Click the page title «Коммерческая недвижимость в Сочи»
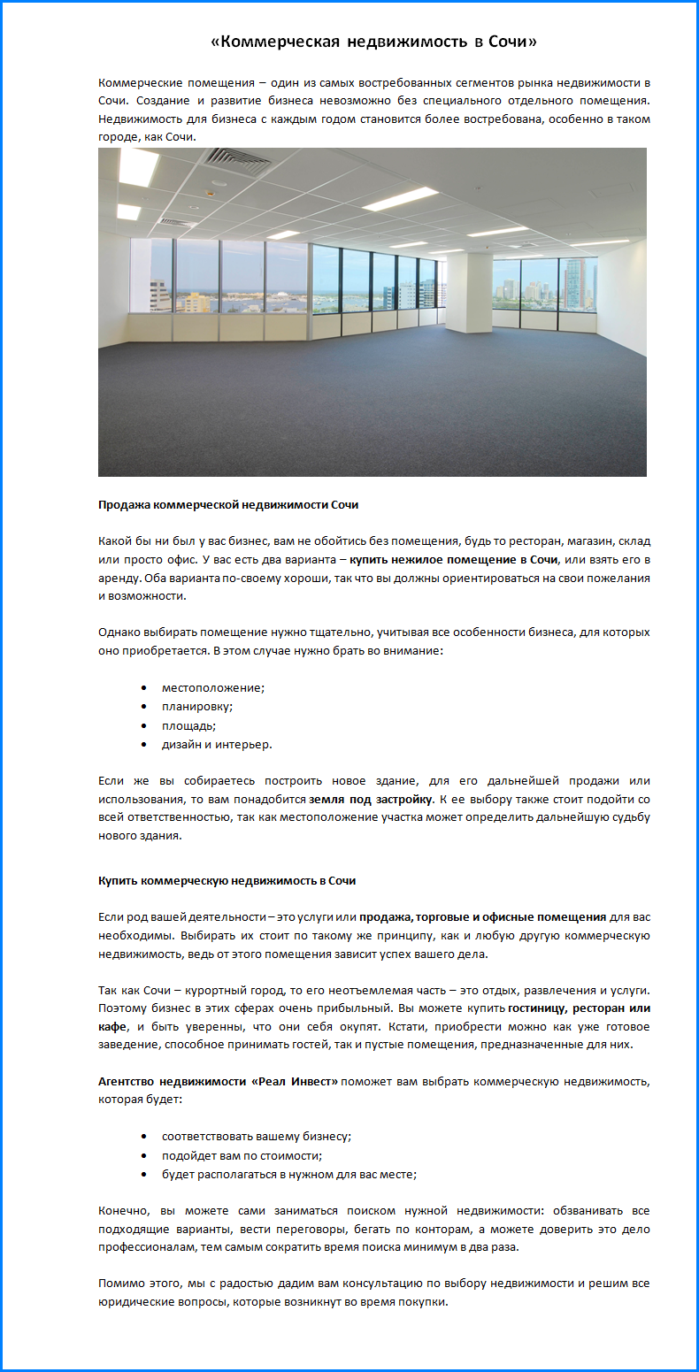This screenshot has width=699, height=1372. coord(374,42)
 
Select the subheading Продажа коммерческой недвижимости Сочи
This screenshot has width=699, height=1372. coord(227,505)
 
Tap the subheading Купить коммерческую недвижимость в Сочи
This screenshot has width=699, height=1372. coord(227,881)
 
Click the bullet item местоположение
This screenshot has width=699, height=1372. coord(213,687)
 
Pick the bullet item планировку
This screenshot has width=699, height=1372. coord(197,706)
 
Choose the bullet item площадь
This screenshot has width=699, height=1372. coord(188,725)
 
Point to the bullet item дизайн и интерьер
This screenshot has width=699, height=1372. coord(217,744)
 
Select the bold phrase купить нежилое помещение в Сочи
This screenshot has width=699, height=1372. coord(453,559)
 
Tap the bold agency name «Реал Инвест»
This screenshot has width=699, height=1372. coord(294,1081)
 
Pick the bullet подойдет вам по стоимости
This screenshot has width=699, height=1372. coord(242,1155)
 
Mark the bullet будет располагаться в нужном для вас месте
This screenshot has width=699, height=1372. coord(288,1174)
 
